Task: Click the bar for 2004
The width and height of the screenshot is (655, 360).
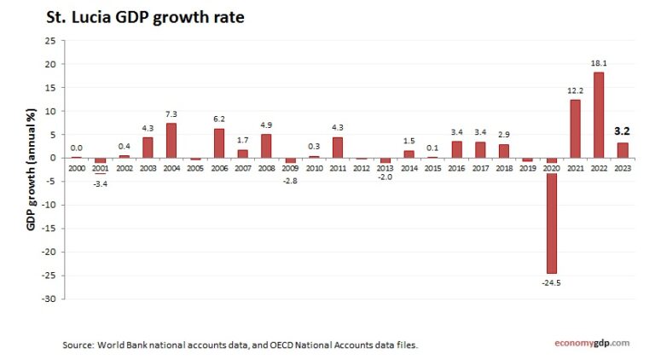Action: point(171,141)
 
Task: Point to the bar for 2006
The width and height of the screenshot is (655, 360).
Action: point(218,143)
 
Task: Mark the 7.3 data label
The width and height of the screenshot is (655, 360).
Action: point(171,114)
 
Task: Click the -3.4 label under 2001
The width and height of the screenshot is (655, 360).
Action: point(100,182)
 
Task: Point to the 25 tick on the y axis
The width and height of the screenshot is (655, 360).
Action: point(51,41)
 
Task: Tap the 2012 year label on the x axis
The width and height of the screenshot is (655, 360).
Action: point(361,168)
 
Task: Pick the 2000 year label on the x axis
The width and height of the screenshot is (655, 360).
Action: point(76,168)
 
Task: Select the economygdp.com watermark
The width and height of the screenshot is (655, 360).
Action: point(588,343)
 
